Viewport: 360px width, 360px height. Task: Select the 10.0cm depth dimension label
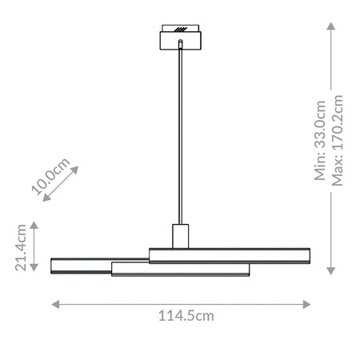(x=50, y=175)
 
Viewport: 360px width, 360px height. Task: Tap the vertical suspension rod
(x=181, y=136)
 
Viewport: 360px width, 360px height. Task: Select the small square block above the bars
(x=181, y=236)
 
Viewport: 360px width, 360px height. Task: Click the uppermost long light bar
(x=230, y=255)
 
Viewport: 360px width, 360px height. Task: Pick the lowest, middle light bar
(x=181, y=270)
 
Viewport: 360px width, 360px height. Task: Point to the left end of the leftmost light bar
(x=54, y=266)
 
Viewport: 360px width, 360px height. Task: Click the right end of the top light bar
(x=308, y=255)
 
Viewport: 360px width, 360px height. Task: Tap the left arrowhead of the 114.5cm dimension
(x=54, y=302)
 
